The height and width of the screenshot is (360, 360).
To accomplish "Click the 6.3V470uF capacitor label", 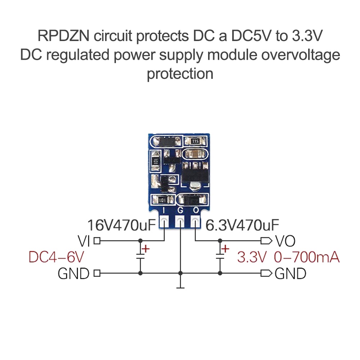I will [x=242, y=225].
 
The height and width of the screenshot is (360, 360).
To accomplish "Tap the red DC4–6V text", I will [x=57, y=257].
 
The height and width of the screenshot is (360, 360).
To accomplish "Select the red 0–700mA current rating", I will [x=307, y=257].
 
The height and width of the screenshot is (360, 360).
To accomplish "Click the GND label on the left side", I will [x=73, y=274].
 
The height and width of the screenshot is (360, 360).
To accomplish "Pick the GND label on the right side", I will [x=290, y=274].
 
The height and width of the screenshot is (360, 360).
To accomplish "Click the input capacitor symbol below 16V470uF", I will [x=140, y=256].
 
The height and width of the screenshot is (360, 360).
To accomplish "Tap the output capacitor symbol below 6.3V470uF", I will [x=220, y=256].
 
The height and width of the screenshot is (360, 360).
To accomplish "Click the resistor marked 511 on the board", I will [x=195, y=141].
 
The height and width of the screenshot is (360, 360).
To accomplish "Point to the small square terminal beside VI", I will [x=96, y=240].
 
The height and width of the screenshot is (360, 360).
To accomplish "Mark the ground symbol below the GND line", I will [x=180, y=287].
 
